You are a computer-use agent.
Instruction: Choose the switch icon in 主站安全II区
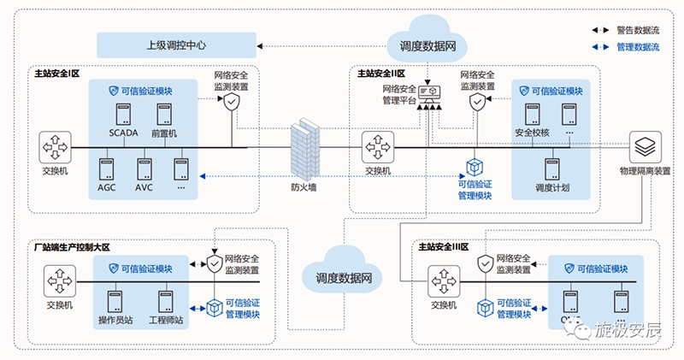tap(377, 146)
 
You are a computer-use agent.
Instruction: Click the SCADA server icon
tap(123, 114)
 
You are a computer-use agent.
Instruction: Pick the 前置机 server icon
tap(163, 114)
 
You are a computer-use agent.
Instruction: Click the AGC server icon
tap(107, 168)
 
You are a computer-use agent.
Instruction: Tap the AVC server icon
tap(144, 168)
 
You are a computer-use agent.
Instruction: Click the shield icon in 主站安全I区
tap(232, 103)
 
